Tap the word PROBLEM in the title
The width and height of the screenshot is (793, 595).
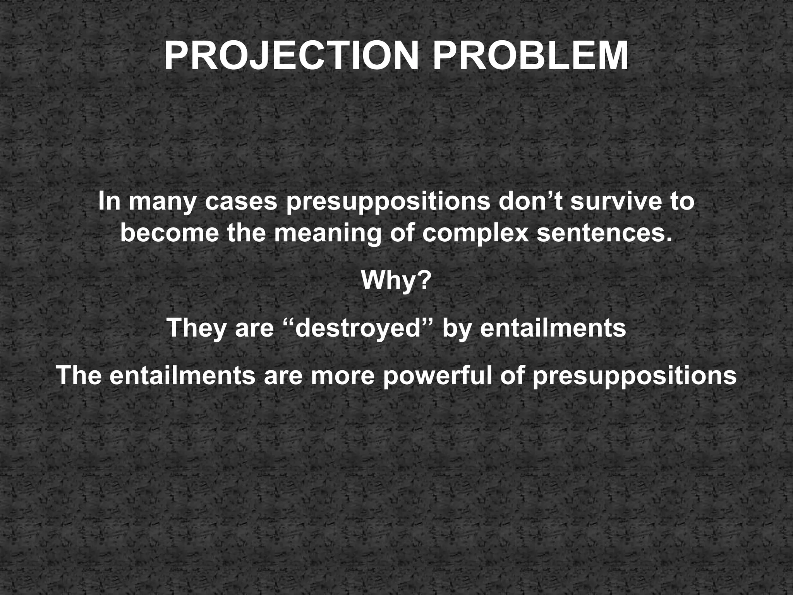pyautogui.click(x=530, y=56)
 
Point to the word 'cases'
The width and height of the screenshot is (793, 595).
pyautogui.click(x=241, y=202)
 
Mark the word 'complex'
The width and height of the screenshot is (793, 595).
pyautogui.click(x=475, y=234)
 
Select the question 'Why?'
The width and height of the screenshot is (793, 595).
pyautogui.click(x=396, y=281)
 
